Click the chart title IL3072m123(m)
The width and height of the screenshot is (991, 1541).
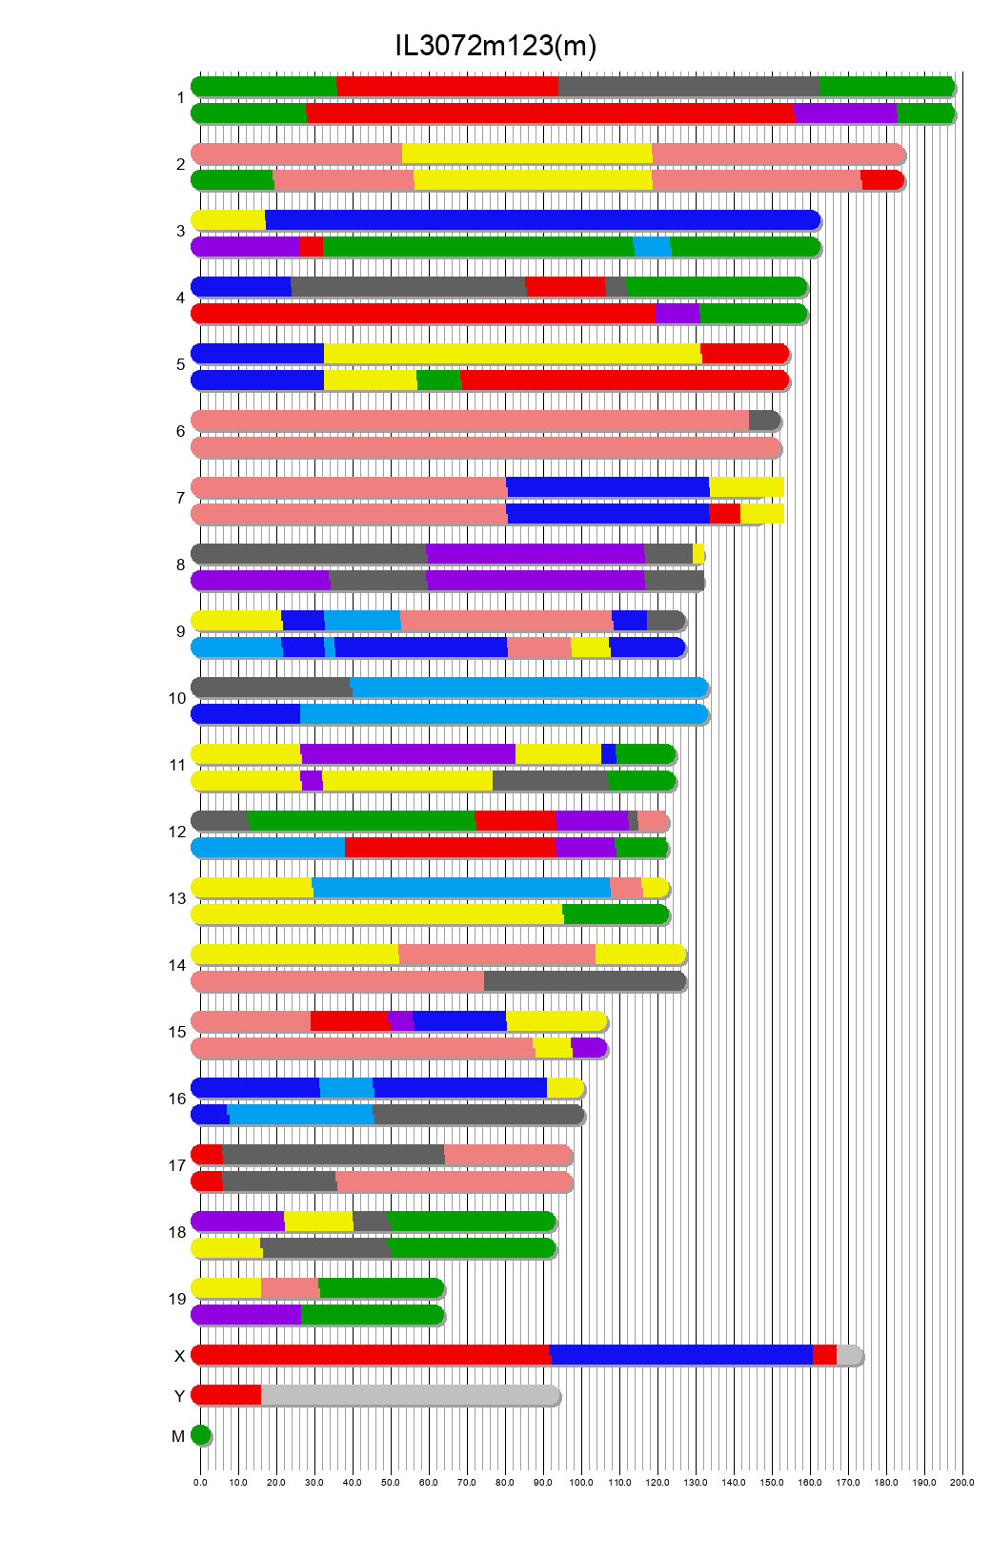pyautogui.click(x=495, y=46)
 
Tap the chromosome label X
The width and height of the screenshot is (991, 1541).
pyautogui.click(x=179, y=1356)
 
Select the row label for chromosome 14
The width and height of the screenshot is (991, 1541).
pyautogui.click(x=177, y=965)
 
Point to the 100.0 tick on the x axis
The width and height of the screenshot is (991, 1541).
pyautogui.click(x=581, y=1482)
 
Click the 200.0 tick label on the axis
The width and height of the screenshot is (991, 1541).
pyautogui.click(x=962, y=1482)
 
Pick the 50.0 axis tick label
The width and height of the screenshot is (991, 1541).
pyautogui.click(x=391, y=1482)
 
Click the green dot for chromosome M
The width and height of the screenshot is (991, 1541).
pyautogui.click(x=200, y=1434)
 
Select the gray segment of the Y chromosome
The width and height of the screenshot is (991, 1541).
pyautogui.click(x=410, y=1395)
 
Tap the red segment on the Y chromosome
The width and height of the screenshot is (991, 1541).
pyautogui.click(x=227, y=1395)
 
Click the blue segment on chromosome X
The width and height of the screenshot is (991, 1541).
pyautogui.click(x=680, y=1354)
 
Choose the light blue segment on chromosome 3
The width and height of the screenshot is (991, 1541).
pyautogui.click(x=652, y=247)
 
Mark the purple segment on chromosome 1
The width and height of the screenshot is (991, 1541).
pyautogui.click(x=845, y=113)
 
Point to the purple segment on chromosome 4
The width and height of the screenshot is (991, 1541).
pyautogui.click(x=677, y=314)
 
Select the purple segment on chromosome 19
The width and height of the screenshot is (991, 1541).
pyautogui.click(x=246, y=1315)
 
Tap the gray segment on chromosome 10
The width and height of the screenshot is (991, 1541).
pyautogui.click(x=272, y=688)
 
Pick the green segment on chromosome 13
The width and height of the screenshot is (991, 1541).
pyautogui.click(x=616, y=914)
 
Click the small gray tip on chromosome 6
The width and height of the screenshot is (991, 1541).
pyautogui.click(x=763, y=421)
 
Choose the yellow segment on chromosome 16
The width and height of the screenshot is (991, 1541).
pyautogui.click(x=564, y=1088)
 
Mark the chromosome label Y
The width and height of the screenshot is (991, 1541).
pyautogui.click(x=179, y=1396)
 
